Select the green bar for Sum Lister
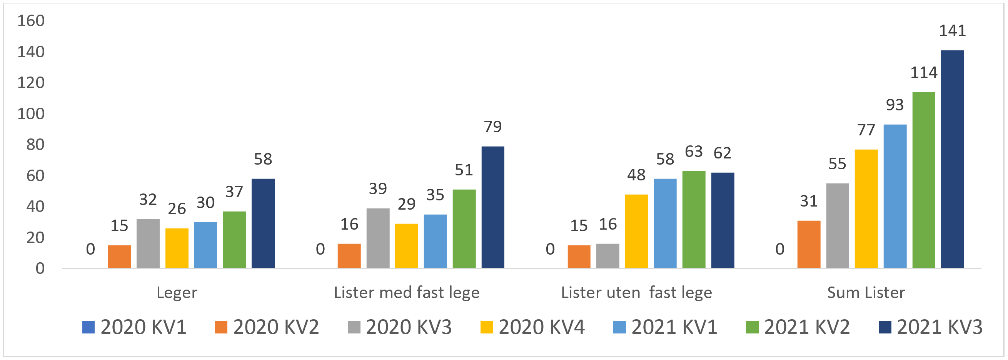coord(923,180)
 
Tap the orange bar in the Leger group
coord(119,256)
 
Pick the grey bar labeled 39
coord(377,238)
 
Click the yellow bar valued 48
coord(636,231)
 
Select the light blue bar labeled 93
coord(895,196)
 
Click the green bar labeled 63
coord(694,219)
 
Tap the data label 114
coord(923,73)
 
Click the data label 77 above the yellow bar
coord(866,130)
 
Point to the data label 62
coord(723,153)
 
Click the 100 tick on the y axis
coord(31,114)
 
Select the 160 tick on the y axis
coord(31,21)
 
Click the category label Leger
coord(177,293)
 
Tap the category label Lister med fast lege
coord(407,293)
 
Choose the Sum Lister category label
coord(866,293)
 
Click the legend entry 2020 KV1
coord(134,327)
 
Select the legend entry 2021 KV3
coord(931,327)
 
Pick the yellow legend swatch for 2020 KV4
coord(486,327)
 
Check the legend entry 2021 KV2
coord(798,327)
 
